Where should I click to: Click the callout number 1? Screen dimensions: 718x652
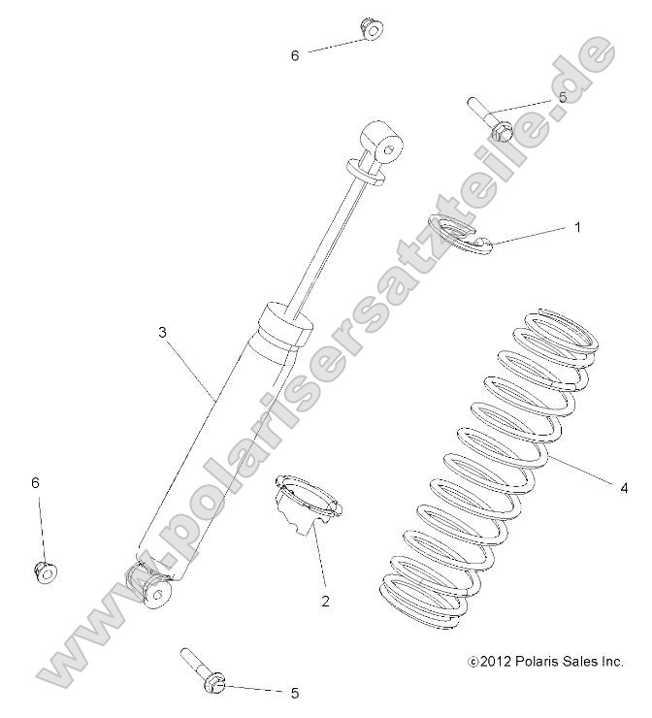(x=604, y=228)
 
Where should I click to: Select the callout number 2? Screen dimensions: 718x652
(x=325, y=601)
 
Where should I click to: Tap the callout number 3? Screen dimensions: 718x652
(x=162, y=332)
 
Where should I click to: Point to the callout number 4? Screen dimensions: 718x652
(x=624, y=487)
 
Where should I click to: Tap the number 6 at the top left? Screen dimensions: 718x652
(x=295, y=55)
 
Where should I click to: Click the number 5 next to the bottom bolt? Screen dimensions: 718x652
(x=294, y=693)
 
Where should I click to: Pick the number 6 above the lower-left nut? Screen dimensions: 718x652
(x=36, y=483)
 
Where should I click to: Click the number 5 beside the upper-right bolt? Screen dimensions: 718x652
(x=562, y=98)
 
